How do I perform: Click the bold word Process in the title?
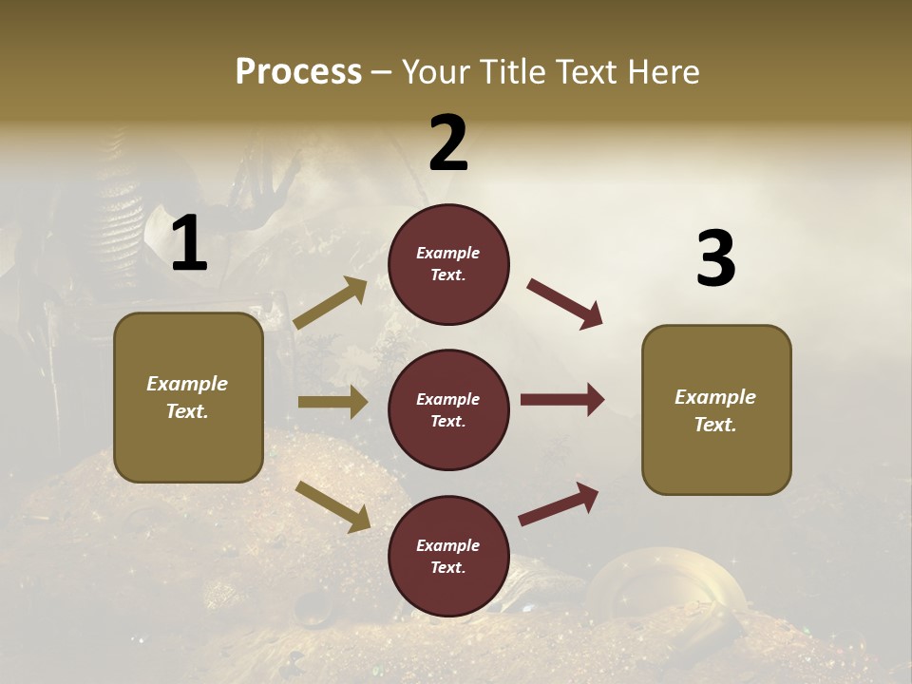point(298,72)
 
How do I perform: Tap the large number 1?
point(189,244)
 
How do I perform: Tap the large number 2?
point(448,143)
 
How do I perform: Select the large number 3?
point(715,259)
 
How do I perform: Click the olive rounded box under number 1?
point(188,397)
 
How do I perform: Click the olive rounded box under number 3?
point(716,409)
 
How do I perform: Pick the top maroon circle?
point(448,264)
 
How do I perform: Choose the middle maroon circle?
point(448,409)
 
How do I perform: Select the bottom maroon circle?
point(448,557)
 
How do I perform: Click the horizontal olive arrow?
point(332,402)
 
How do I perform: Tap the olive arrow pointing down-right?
point(332,505)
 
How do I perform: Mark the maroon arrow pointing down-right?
point(565,304)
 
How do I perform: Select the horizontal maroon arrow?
point(562,400)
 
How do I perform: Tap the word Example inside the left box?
point(187,384)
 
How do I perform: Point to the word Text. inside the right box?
point(715,425)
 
